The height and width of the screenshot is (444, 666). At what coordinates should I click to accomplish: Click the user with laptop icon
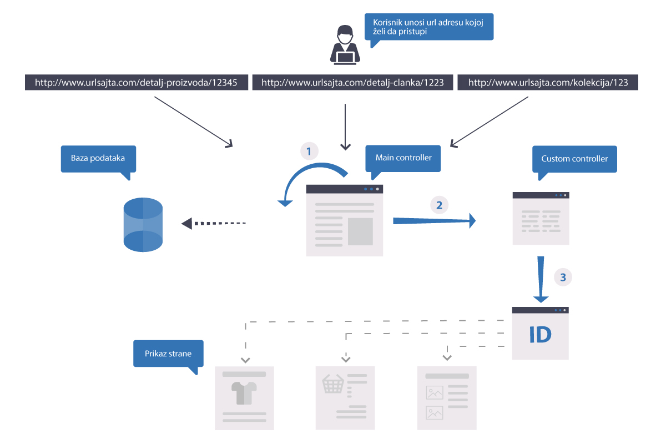[x=345, y=44]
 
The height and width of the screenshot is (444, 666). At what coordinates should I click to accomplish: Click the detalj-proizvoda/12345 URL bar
[x=137, y=82]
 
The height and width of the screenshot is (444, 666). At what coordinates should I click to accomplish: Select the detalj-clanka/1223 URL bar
[x=352, y=82]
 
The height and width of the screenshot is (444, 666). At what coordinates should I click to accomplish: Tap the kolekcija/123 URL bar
[x=548, y=82]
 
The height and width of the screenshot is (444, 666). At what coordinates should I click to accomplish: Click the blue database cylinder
[x=143, y=225]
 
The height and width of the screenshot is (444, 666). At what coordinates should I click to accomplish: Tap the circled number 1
[x=309, y=151]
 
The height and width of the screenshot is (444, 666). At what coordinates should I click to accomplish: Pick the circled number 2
[x=439, y=205]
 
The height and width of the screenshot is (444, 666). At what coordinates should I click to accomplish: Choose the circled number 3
[x=563, y=277]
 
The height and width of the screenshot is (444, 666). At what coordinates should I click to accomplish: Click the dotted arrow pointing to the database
[x=214, y=223]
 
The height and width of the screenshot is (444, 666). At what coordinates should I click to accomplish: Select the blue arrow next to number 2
[x=435, y=221]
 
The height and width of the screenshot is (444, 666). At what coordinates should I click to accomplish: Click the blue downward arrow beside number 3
[x=541, y=280]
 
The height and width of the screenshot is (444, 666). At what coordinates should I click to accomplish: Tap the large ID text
[x=540, y=335]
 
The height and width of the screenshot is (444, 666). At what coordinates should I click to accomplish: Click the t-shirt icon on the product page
[x=244, y=393]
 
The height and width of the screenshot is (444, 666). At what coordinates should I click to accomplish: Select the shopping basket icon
[x=333, y=384]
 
